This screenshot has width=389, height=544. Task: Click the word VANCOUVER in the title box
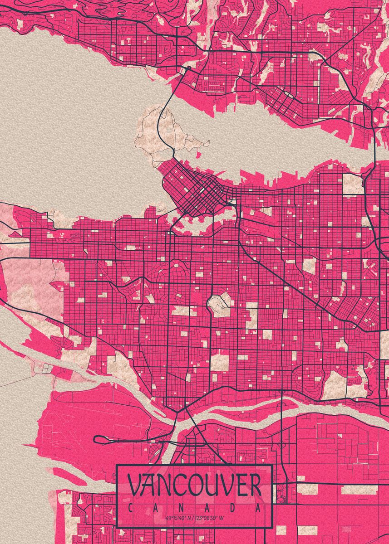click(x=194, y=486)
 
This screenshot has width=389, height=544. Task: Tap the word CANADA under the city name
click(x=194, y=508)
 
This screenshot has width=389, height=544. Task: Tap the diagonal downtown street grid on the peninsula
click(x=200, y=190)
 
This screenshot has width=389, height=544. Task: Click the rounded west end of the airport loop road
click(x=96, y=439)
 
